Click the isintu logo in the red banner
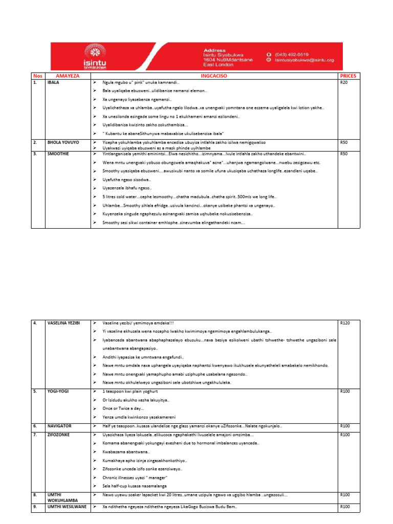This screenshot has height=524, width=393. click(95, 56)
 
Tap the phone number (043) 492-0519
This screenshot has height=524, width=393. click(291, 54)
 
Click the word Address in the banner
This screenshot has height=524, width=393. click(214, 50)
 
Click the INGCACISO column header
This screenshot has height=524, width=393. click(213, 76)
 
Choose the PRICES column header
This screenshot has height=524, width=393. click(347, 76)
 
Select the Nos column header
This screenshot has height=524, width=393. click(37, 76)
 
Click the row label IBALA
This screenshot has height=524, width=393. click(53, 82)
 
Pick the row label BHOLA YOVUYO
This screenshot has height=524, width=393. click(63, 142)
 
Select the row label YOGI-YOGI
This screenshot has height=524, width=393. click(58, 391)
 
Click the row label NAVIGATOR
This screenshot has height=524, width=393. click(59, 426)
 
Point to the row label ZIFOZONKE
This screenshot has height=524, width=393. click(59, 434)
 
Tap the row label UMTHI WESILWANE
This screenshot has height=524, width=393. click(67, 507)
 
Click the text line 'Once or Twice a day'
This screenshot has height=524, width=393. click(123, 408)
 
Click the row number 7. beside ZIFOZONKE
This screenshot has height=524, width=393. click(35, 434)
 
